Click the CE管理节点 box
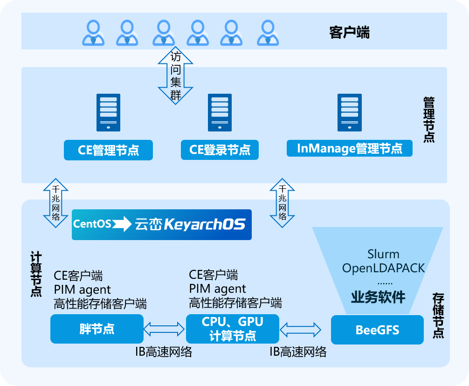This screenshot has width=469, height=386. tap(108, 150)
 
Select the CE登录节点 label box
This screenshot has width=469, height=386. tap(220, 150)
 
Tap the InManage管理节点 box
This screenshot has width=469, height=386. tap(350, 148)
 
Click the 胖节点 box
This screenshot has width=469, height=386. tap(97, 329)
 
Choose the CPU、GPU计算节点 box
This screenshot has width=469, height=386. tap(232, 329)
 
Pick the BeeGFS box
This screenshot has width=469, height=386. tap(377, 330)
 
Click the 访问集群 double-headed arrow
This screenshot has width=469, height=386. tap(175, 76)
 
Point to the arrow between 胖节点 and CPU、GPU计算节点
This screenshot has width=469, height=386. tap(164, 329)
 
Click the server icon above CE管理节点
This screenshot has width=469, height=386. tap(108, 112)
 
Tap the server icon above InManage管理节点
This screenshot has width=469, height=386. tap(350, 112)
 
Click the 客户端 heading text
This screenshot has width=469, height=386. tap(349, 33)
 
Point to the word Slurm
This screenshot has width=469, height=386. tap(383, 254)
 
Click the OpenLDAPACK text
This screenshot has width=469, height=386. tap(383, 268)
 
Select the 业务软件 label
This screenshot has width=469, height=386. tap(378, 297)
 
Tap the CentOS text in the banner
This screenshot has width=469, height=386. tap(92, 224)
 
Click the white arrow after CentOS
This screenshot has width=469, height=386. tap(122, 224)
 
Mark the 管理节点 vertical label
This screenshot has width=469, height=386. tap(428, 119)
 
